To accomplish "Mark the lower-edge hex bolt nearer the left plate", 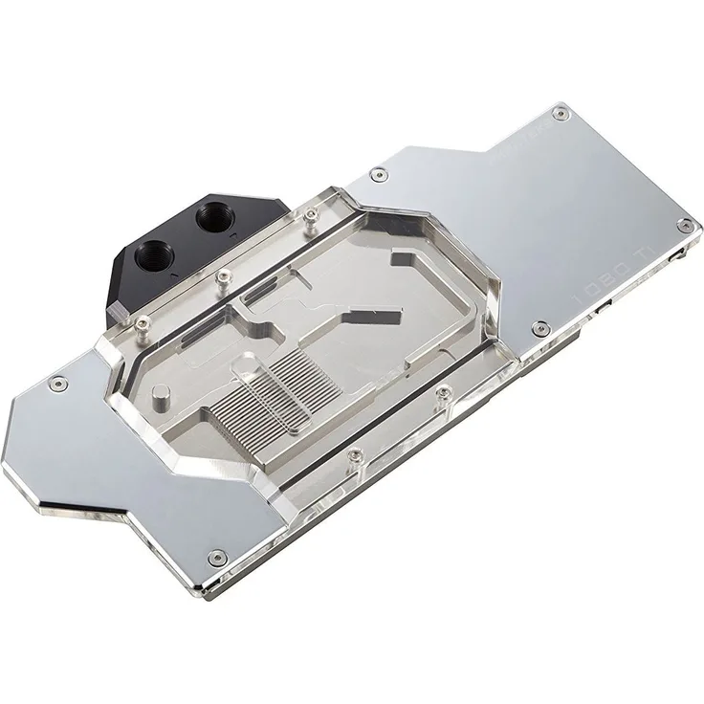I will (x=355, y=456).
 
